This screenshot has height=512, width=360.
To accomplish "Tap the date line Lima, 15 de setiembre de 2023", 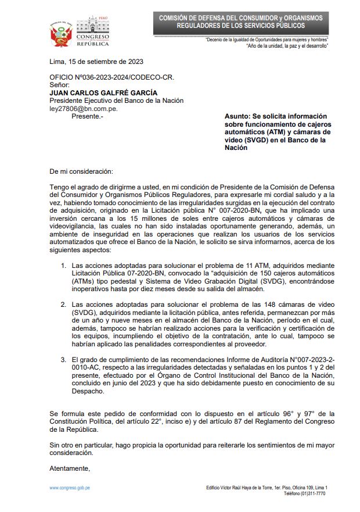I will pos(96,62).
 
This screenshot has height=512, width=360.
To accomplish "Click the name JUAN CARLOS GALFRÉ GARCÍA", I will pos(103,92).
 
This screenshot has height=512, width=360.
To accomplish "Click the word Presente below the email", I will pos(85,116).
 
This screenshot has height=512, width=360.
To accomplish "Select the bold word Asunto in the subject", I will pos(237,116).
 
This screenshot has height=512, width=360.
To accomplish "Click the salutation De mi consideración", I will pos(82,171).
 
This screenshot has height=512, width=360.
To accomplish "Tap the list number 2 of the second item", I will pos(64,304).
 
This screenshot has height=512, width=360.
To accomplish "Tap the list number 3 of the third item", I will pos(64,360).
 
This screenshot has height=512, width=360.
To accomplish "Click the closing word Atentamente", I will pos(70,468).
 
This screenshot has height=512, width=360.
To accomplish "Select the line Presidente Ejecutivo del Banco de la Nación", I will pos(116,101).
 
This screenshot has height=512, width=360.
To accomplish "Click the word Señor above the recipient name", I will pos(60,85).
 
